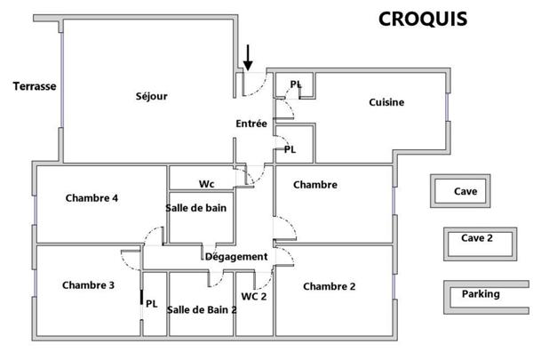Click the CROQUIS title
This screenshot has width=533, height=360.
pos(423,20)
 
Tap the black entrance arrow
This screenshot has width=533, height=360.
pos(248,58)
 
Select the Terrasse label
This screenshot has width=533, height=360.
pos(35,86)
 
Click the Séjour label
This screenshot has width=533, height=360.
pos(152,96)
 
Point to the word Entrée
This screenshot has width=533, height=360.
pos(251,124)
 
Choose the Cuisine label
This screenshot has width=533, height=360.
pos(386,102)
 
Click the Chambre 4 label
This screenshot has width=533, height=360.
pos(91,198)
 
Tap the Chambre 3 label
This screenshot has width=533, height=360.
pos(88,285)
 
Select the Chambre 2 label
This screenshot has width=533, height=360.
pos(330,286)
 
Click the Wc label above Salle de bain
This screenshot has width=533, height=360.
pos(207,184)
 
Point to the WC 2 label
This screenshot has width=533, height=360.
pos(254,296)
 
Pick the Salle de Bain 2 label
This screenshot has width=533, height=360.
pos(202,309)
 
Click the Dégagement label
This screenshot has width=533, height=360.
pos(236,257)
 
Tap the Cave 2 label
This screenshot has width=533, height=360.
pos(477,238)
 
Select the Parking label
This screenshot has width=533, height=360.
pos(481,294)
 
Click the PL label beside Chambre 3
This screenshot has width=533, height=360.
pos(152,303)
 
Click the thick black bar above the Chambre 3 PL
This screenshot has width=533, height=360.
pos(142,297)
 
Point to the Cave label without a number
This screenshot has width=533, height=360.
pos(465,191)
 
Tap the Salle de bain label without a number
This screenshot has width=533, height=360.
pos(196,208)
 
